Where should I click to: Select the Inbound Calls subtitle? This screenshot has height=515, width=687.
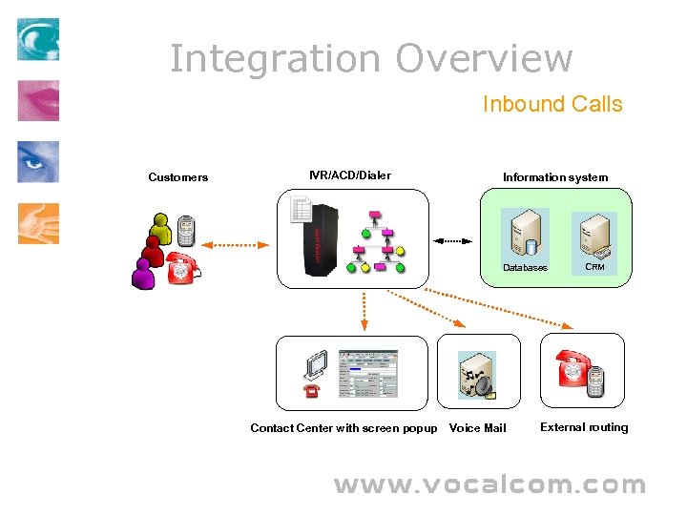click(x=552, y=104)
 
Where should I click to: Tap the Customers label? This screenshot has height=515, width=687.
click(x=177, y=177)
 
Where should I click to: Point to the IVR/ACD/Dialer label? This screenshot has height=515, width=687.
click(x=349, y=175)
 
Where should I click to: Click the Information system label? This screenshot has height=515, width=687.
click(x=554, y=177)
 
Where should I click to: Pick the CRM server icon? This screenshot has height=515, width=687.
click(x=594, y=236)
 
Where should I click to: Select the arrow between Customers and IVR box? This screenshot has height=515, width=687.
click(x=235, y=245)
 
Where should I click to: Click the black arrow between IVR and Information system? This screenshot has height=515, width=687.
click(x=453, y=239)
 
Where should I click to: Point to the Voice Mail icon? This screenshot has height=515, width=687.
click(x=476, y=374)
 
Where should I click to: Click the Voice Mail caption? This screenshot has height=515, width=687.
click(x=477, y=428)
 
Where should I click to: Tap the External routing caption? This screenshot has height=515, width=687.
click(x=584, y=427)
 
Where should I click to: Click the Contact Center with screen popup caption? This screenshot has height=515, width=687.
click(x=343, y=428)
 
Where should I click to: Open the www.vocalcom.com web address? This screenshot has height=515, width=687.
click(x=489, y=485)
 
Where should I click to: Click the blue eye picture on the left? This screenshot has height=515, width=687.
click(x=37, y=162)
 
